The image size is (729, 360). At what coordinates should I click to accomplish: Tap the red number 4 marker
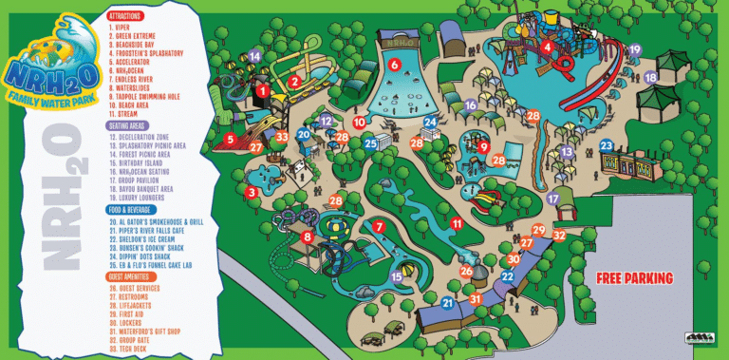[548, 47]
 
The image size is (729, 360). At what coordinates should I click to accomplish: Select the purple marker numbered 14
[254, 56]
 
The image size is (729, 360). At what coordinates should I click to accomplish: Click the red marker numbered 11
[457, 224]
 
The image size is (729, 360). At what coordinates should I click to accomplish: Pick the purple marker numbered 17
[552, 199]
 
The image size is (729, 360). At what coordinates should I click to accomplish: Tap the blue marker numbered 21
[447, 303]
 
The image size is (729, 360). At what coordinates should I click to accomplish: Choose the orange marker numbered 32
[559, 235]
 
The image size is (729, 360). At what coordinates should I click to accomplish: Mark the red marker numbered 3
[252, 192]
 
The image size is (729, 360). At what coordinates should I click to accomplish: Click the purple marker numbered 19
[635, 49]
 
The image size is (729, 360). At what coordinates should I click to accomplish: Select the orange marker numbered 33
[282, 137]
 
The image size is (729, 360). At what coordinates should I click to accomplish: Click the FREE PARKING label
[634, 278]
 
